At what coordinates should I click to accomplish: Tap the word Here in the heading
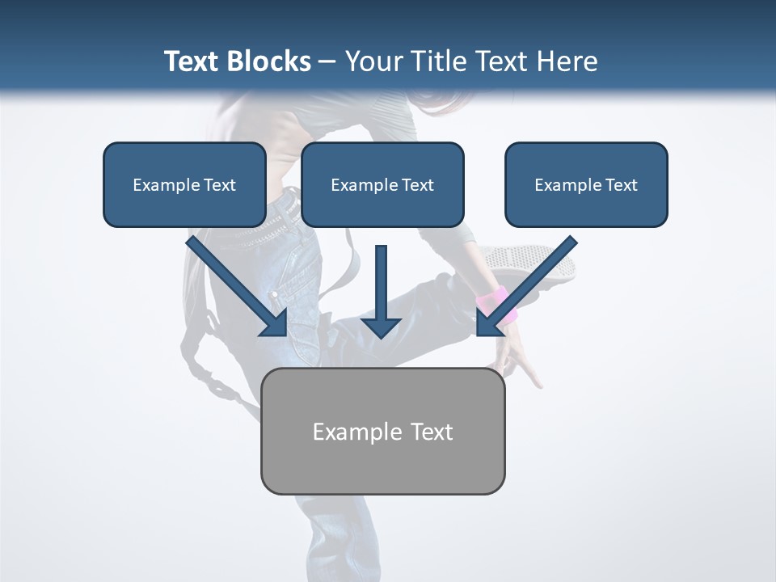567,61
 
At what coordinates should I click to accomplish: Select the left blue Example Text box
184,184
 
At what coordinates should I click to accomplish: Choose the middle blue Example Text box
382,184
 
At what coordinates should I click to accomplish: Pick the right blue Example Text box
586,184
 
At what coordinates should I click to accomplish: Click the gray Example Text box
382,431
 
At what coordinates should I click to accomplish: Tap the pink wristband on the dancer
494,301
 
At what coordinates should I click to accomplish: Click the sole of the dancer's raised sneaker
533,263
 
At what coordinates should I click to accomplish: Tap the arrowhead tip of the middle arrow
381,335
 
